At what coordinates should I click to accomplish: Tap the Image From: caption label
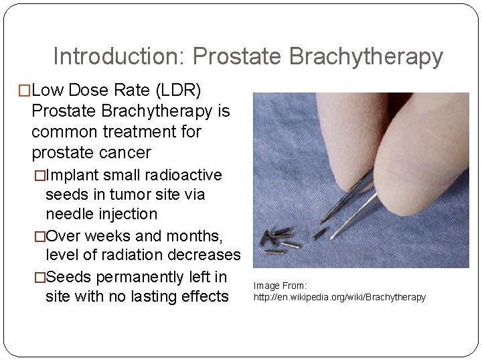[280, 286]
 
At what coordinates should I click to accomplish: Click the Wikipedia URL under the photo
[339, 296]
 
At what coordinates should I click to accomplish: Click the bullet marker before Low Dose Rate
[25, 90]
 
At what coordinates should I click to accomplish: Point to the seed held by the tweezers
[321, 232]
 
